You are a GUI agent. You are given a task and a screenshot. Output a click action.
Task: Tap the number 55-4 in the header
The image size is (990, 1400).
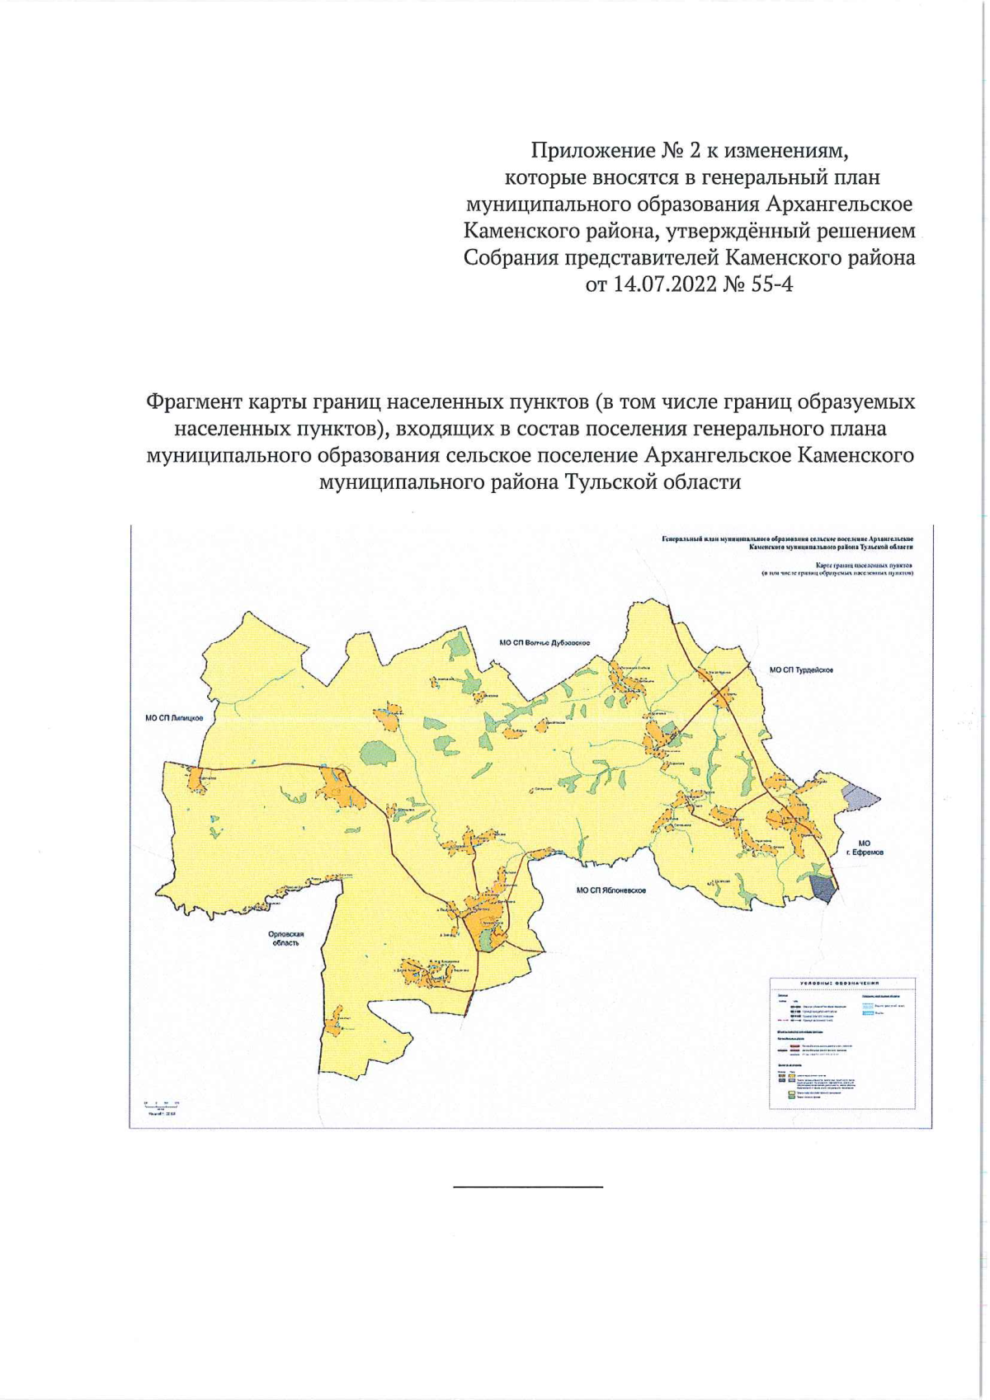[x=770, y=285]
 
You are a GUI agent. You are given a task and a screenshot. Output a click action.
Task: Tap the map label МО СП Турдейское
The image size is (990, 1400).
[x=801, y=670]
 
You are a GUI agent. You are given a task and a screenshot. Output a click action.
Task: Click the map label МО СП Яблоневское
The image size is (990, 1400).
[x=610, y=890]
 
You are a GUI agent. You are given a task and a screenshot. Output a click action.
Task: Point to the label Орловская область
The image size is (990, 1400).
[x=286, y=938]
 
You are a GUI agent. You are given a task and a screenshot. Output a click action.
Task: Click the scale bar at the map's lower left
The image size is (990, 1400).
[x=162, y=1107]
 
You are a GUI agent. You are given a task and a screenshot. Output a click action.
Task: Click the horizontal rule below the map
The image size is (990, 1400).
[x=528, y=1186]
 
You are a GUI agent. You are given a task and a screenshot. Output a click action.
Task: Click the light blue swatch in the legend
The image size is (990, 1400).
[x=867, y=1013]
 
